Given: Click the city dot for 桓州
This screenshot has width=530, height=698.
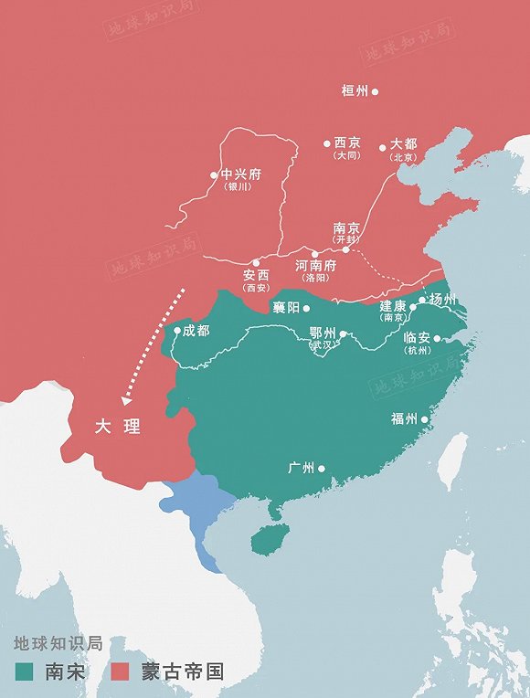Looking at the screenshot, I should click(375, 91).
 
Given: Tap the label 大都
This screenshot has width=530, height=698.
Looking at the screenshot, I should click(403, 144).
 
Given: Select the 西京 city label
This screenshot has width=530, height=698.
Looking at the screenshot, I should click(347, 143).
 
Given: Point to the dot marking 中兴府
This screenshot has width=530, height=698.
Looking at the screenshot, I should click(214, 174).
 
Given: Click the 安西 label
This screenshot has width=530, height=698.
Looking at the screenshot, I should click(256, 275).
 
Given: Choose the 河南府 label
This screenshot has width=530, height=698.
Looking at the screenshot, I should click(316, 266).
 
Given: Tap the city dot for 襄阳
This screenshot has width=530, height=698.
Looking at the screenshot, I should click(307, 308).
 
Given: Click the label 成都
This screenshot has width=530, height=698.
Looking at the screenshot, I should click(196, 330).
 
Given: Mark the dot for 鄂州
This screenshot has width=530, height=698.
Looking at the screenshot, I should click(344, 334).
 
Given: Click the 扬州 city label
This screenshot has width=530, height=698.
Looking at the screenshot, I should click(443, 299).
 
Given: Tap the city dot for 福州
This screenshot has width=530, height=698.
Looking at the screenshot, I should click(424, 418).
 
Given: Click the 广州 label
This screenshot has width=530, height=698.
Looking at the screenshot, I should click(301, 468).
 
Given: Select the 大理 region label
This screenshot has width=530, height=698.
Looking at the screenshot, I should click(118, 427).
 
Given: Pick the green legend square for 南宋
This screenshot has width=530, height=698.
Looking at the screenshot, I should click(25, 672).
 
